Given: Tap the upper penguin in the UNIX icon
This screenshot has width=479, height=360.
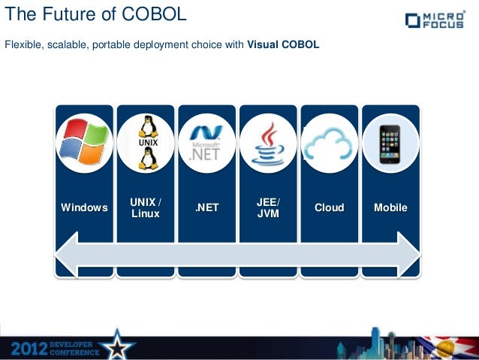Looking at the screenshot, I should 146,126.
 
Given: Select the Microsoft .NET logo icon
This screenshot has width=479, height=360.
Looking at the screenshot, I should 206,143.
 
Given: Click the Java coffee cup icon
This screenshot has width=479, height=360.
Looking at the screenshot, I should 268,143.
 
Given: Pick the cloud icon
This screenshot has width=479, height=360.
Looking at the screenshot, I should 330,143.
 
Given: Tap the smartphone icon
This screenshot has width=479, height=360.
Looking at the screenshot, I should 390,143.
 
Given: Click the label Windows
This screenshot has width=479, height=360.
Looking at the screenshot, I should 84,208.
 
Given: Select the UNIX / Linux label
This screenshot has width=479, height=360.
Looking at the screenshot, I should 146,208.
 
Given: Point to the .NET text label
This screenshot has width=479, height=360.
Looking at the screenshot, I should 206,208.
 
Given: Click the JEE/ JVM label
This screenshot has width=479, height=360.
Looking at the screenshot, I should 268,208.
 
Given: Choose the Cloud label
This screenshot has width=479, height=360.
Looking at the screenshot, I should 330,208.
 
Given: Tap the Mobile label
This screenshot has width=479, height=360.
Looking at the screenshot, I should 390,208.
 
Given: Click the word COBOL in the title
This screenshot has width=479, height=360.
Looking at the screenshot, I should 155,16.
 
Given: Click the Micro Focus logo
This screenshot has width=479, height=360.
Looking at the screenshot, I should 438,20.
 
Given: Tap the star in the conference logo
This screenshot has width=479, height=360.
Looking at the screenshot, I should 119,345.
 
